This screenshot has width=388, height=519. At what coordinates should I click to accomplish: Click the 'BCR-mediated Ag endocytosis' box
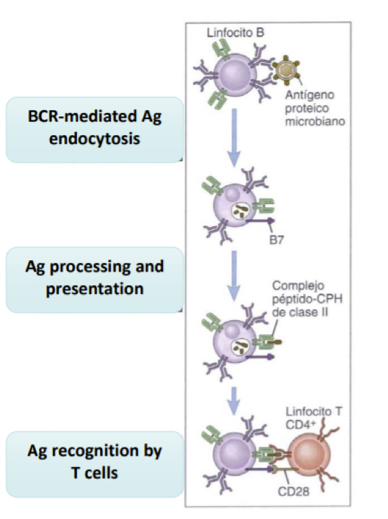coord(95,129)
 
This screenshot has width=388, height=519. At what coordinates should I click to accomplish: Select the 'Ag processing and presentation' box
coord(95,278)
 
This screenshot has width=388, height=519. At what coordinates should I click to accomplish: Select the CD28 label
coord(292,491)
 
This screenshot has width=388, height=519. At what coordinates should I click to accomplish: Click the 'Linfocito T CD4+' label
coord(307,417)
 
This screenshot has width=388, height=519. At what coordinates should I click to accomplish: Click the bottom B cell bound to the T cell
coord(234,457)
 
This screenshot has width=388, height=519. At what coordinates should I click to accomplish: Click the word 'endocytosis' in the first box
coord(95,140)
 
